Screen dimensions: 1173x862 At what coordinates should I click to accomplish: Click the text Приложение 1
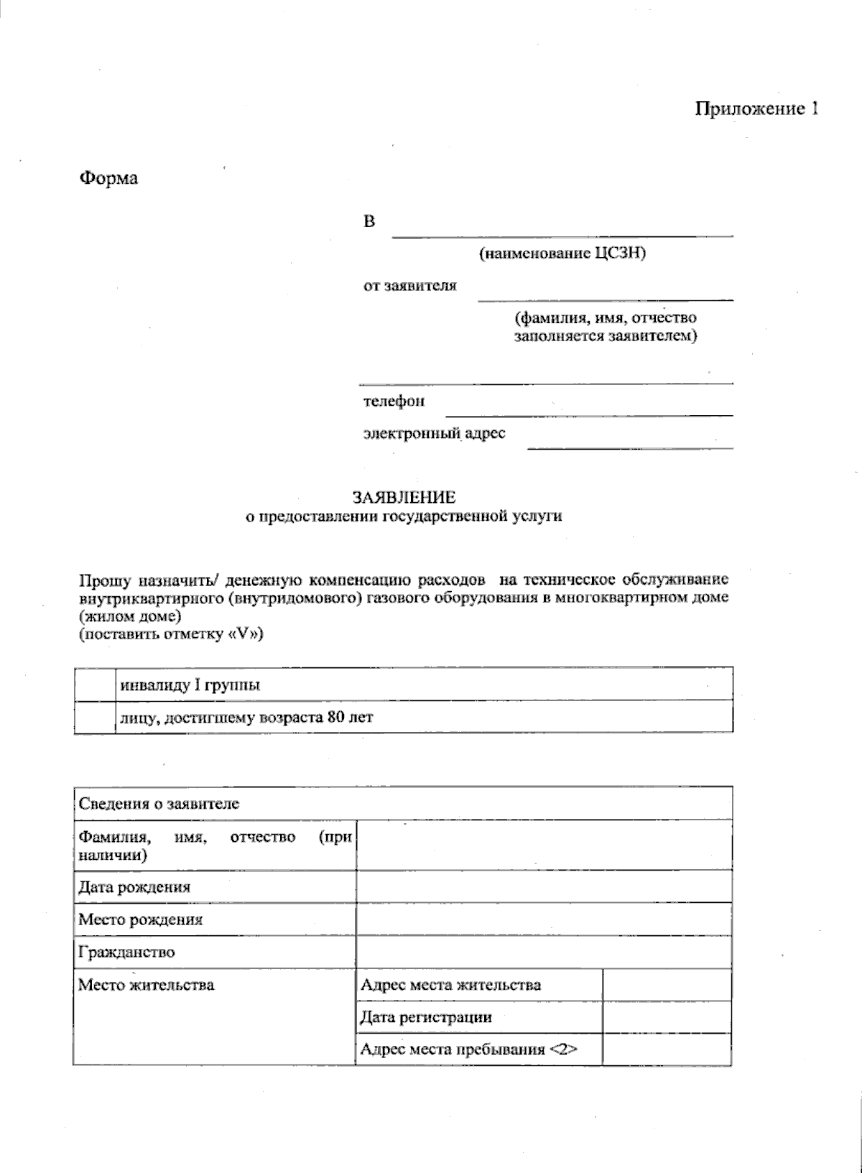756,109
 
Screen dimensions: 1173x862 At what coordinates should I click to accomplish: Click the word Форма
108,178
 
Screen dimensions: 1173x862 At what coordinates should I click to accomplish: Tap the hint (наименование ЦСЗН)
562,253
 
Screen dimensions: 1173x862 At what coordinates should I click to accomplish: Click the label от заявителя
409,286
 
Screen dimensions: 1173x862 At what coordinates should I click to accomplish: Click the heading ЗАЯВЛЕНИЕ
404,497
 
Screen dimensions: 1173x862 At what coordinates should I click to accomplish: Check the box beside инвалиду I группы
94,685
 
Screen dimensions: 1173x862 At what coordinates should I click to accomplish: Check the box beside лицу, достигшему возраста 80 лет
94,717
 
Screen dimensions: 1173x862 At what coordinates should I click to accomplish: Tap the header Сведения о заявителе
159,804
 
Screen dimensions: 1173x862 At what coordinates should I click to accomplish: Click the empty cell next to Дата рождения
544,886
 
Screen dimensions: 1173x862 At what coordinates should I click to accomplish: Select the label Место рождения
141,919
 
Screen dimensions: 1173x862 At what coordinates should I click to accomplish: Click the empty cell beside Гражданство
544,952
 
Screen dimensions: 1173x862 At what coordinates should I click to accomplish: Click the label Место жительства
147,985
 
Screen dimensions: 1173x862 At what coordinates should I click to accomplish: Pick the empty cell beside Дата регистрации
667,1017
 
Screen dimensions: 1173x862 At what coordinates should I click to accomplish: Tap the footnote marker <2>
564,1049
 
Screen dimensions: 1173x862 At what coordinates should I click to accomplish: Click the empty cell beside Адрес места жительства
667,985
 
